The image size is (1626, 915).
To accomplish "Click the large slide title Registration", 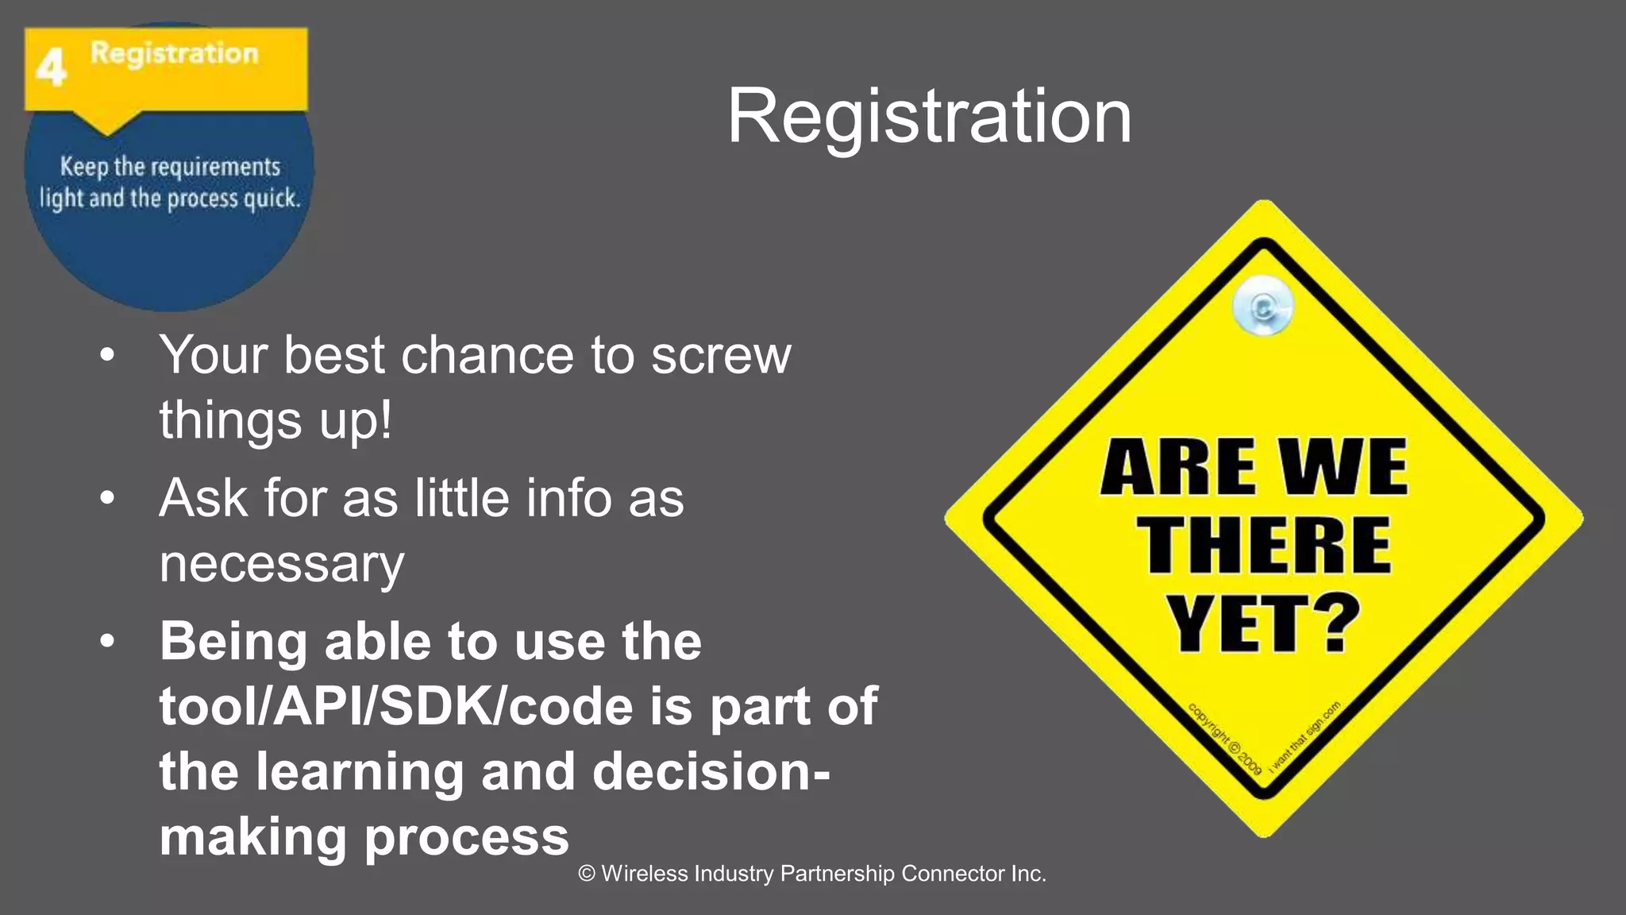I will coord(929,117).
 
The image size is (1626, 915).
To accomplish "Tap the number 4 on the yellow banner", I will coord(51,68).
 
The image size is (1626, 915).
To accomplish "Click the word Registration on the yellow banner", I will coord(174,53).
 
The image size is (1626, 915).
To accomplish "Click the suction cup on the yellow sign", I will coord(1262,306).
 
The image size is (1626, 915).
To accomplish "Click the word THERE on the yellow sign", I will coord(1266,546).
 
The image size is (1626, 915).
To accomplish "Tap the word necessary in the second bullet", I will coord(282,564).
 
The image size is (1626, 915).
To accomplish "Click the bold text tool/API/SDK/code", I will coord(397,706).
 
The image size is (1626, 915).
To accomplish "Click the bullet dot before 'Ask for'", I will coord(108,499).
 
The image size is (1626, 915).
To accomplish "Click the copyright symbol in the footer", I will coord(587,874).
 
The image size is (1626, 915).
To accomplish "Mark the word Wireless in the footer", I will coord(645,874).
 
